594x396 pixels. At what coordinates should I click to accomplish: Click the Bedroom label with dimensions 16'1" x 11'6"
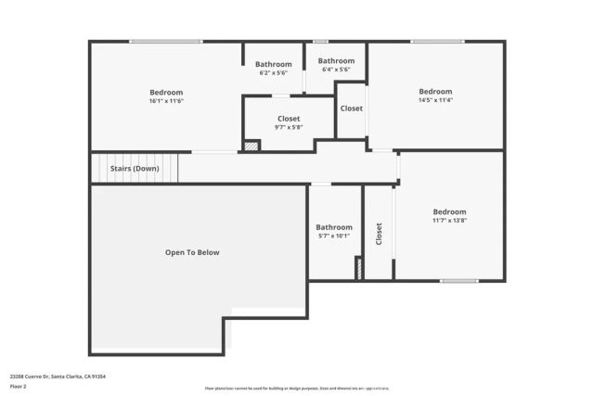[166, 96]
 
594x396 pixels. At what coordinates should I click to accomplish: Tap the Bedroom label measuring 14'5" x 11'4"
[435, 96]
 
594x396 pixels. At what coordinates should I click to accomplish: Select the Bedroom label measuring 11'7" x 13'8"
[449, 216]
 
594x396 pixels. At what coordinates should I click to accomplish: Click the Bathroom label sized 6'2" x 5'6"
[273, 68]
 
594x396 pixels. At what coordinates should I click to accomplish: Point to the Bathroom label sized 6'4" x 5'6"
[336, 65]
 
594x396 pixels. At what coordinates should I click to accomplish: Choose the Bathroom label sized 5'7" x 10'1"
[334, 231]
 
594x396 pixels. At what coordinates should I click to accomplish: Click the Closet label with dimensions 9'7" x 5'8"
[289, 123]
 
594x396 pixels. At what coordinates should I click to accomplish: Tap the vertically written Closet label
[379, 234]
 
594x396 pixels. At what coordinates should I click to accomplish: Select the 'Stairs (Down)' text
[135, 169]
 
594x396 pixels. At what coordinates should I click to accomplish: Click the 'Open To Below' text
[192, 252]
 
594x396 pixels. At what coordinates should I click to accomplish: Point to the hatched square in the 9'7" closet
[251, 146]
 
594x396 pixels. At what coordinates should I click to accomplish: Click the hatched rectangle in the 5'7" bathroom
[358, 267]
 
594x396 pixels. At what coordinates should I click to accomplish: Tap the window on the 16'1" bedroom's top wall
[165, 42]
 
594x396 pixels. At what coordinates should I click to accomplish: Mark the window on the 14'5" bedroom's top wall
[437, 42]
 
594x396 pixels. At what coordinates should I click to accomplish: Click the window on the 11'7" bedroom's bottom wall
[458, 281]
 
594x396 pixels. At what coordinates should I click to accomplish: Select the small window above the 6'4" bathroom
[320, 42]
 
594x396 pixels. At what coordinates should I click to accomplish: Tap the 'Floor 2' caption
[18, 388]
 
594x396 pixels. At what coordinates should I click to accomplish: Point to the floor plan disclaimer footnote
[297, 388]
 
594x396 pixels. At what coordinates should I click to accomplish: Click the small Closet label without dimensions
[351, 109]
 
